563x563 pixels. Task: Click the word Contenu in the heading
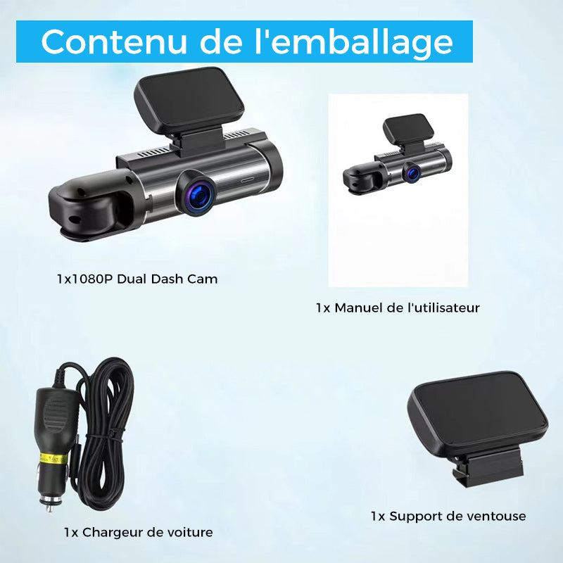(x=114, y=42)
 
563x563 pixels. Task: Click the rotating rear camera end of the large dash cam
(x=94, y=205)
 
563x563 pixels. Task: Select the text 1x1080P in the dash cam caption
(x=85, y=279)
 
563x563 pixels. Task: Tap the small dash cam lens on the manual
(x=412, y=172)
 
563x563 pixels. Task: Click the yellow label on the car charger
(x=53, y=459)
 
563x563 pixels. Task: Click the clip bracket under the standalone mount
(x=487, y=467)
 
